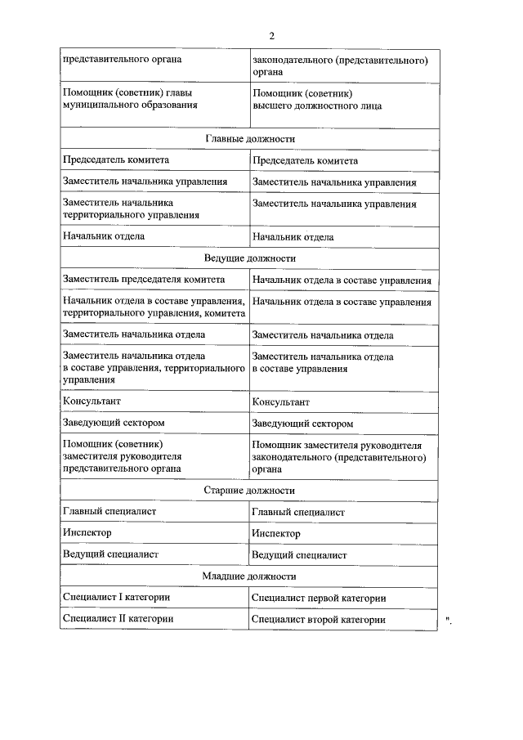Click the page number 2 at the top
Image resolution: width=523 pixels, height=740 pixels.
[x=271, y=35]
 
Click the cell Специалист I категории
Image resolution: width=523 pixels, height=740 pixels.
[x=116, y=598]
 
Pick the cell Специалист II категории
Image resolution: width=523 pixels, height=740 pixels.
[x=118, y=619]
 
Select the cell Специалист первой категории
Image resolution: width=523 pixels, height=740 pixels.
[x=319, y=599]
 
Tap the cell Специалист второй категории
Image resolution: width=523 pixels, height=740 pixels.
[x=318, y=620]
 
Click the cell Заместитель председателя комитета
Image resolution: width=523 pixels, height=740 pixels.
[x=144, y=280]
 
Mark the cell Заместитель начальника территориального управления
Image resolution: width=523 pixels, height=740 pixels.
[x=131, y=209]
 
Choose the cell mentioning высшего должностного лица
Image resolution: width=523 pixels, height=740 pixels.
[x=316, y=100]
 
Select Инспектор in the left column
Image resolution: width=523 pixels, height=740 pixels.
[x=87, y=532]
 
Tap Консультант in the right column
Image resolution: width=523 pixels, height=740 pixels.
[x=280, y=402]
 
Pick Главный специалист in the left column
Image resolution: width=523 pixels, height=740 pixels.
[x=110, y=511]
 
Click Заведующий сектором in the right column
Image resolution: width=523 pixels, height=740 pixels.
[x=302, y=424]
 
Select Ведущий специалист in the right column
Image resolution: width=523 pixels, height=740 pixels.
[x=299, y=554]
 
